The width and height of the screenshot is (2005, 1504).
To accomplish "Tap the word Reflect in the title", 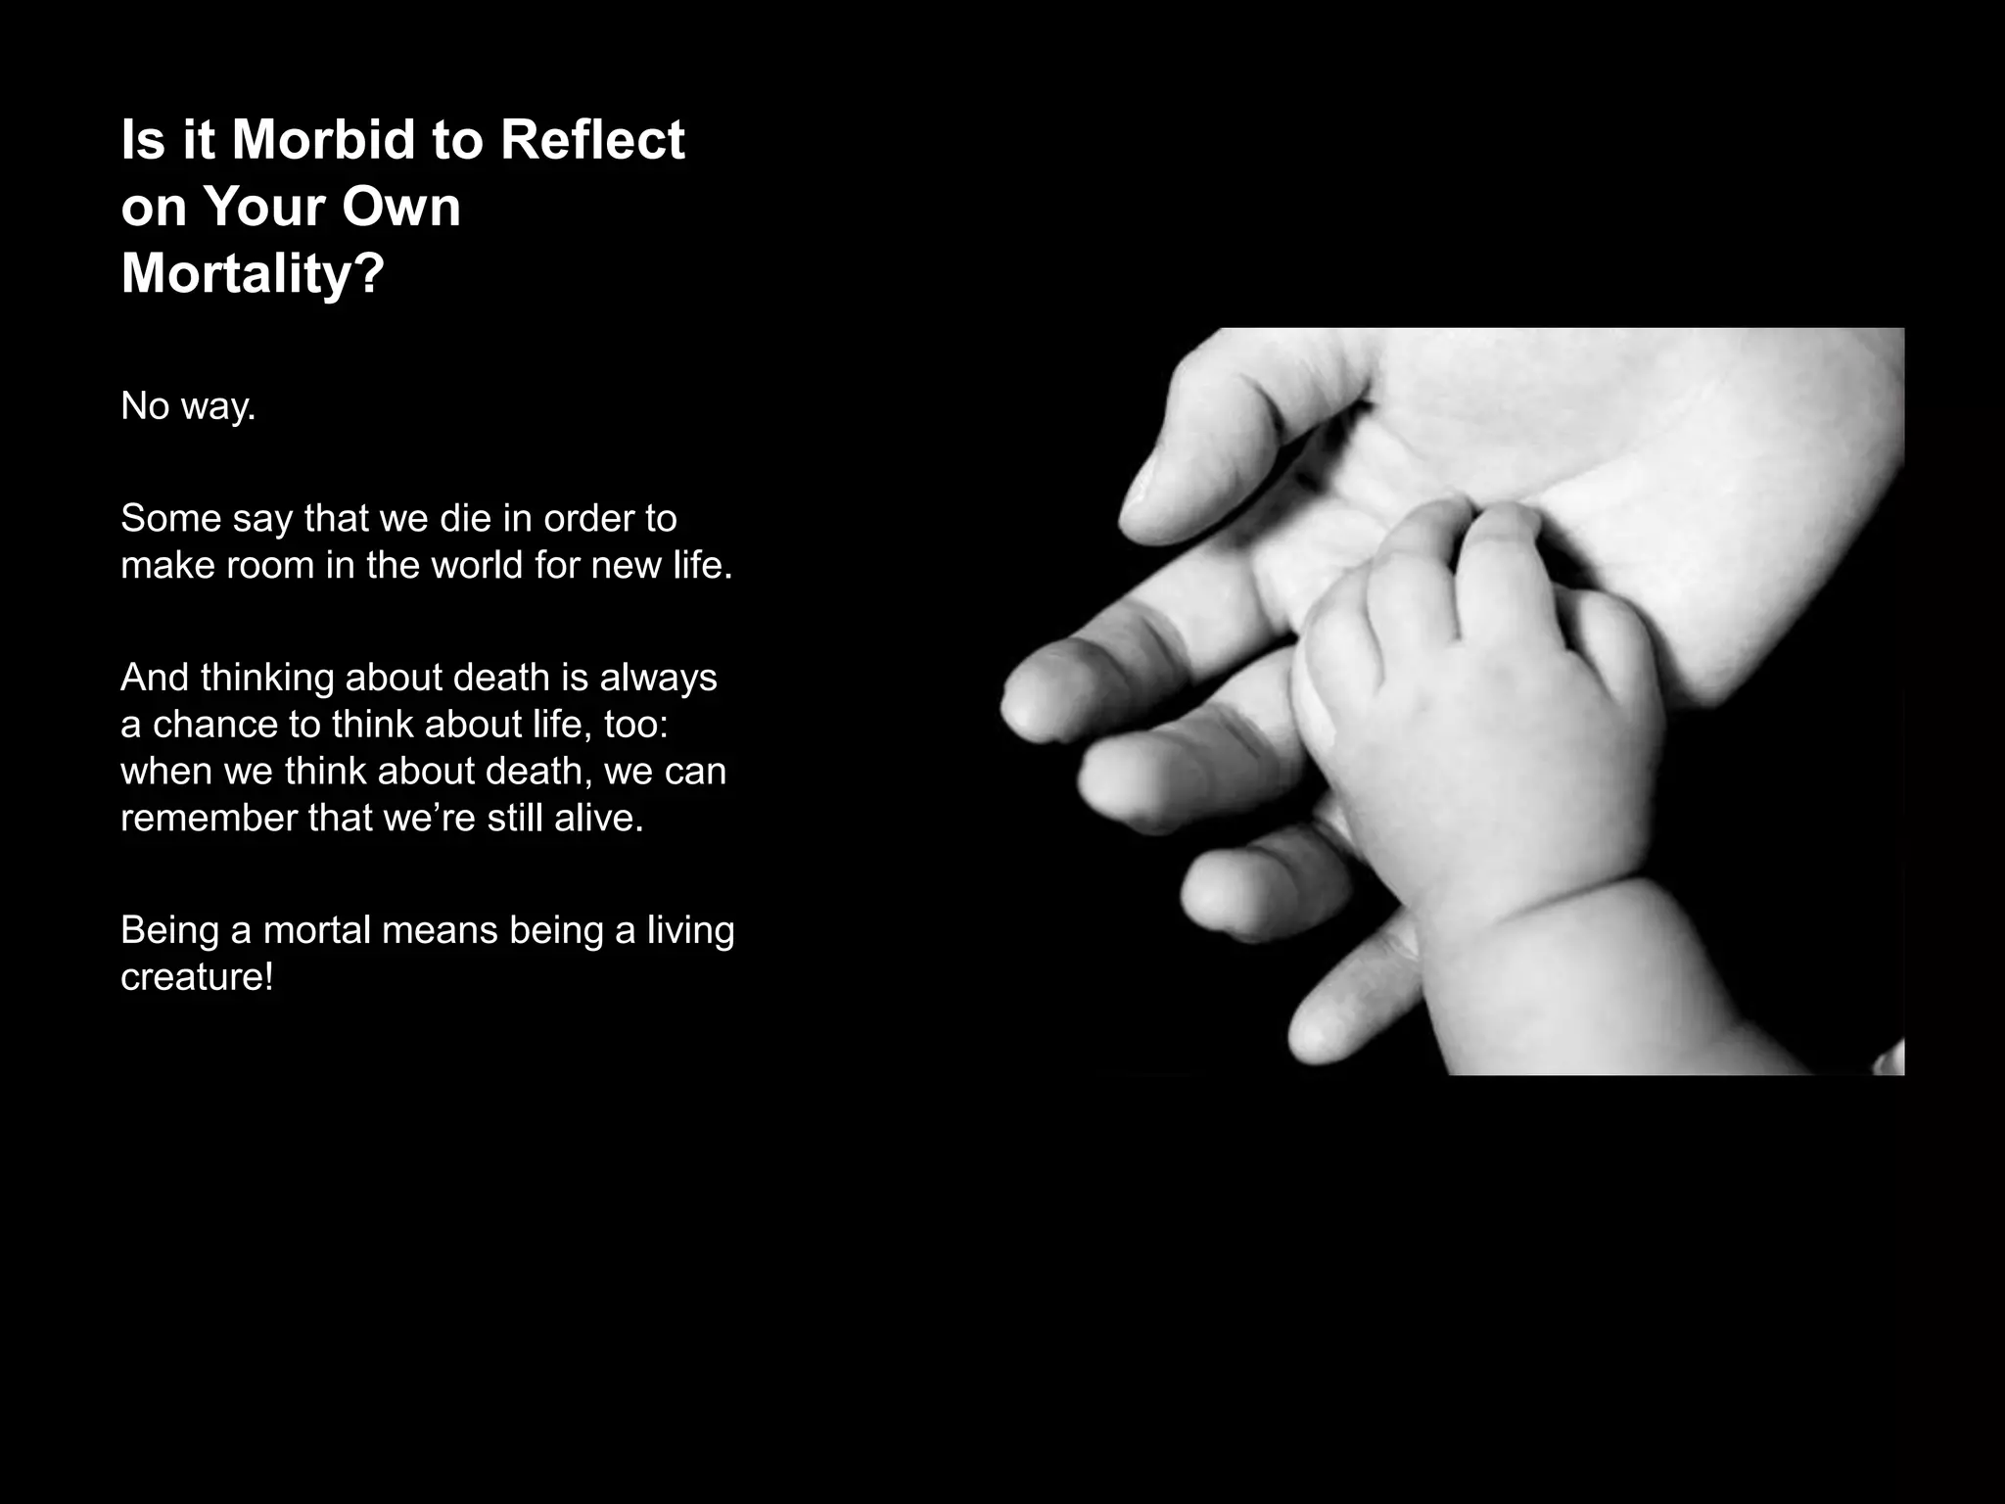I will click(x=592, y=140).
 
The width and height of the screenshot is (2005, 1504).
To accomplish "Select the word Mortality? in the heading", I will click(x=253, y=272).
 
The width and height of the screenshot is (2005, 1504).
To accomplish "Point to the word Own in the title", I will click(x=400, y=207).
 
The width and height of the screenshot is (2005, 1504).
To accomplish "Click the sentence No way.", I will click(x=188, y=405).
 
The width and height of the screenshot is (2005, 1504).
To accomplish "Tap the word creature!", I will click(x=197, y=976).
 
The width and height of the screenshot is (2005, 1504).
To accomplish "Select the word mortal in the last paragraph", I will click(x=316, y=929).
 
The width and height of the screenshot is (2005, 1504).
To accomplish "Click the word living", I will click(x=690, y=929).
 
